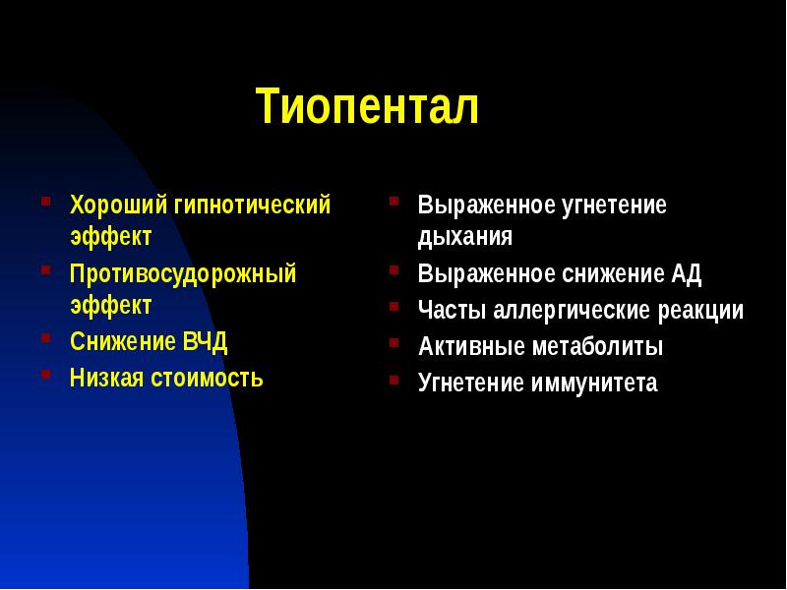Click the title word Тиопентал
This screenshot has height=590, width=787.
367,107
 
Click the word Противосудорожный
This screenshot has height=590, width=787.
182,273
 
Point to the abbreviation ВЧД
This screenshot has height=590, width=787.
205,342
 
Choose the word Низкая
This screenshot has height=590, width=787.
105,377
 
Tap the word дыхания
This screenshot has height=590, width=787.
464,238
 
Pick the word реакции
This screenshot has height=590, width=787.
699,311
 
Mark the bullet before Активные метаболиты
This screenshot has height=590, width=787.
393,343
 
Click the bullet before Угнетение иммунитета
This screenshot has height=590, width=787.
393,379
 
